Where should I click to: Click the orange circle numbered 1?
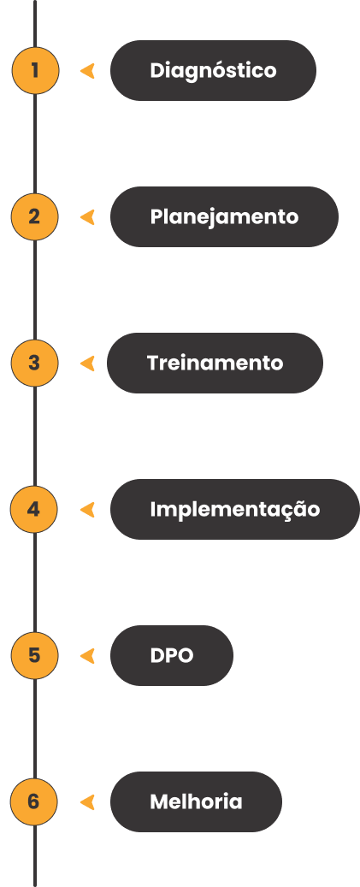[35, 71]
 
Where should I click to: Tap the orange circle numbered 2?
[34, 216]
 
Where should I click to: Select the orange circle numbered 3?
[34, 364]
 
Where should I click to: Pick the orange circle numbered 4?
[34, 509]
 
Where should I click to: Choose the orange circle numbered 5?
[34, 656]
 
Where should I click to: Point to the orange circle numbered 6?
[34, 801]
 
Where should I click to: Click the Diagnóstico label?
[213, 71]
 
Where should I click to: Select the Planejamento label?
[224, 216]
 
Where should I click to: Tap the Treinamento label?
[215, 364]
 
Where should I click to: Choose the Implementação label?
[234, 509]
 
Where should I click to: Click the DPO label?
[172, 656]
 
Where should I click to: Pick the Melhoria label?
[196, 801]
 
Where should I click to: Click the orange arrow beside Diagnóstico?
[87, 71]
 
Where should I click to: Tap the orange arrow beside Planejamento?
[87, 216]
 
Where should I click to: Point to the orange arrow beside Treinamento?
[87, 364]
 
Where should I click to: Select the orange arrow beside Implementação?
[87, 509]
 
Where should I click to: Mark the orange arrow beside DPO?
[87, 656]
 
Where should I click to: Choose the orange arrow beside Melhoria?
[87, 801]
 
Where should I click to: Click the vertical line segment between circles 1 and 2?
[35, 144]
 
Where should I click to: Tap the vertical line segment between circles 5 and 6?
[34, 729]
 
